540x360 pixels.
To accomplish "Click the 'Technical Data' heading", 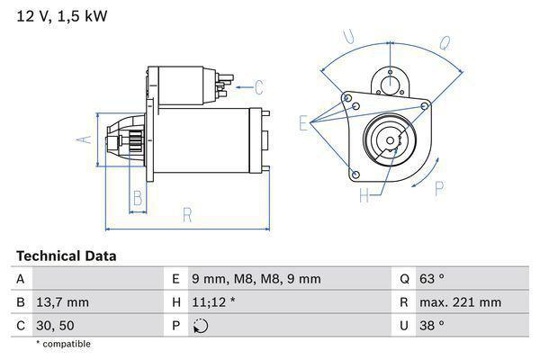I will click(66, 256).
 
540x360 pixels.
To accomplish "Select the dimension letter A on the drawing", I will click(82, 139).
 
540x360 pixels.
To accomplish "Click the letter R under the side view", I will click(186, 214).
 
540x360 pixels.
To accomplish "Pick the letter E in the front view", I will click(304, 123).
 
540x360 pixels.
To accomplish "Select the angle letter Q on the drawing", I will click(445, 40).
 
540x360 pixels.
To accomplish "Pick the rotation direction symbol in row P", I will click(201, 326).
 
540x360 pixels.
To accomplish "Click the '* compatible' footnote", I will click(63, 344).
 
